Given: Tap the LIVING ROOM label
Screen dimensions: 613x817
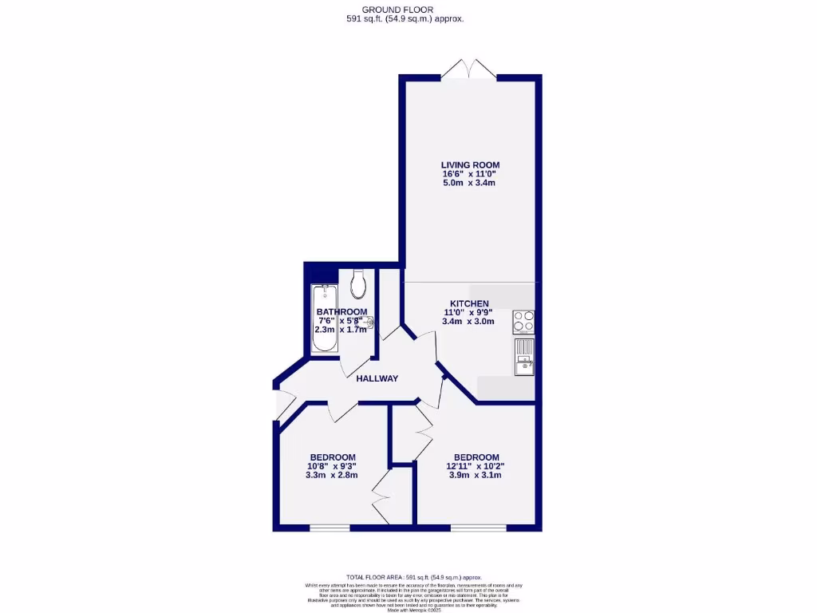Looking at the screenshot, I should (470, 165).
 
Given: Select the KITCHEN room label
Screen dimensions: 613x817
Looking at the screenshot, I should (469, 303).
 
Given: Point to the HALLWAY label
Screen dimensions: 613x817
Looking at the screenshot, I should (377, 378).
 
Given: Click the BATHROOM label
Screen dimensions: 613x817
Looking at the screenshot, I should (341, 311).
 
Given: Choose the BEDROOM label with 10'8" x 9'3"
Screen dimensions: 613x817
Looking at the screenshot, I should (331, 457).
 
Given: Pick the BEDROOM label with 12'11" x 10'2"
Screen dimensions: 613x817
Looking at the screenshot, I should (476, 457).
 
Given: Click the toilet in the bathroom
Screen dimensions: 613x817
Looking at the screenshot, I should (358, 282).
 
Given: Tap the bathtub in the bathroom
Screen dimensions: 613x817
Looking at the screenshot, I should (323, 319).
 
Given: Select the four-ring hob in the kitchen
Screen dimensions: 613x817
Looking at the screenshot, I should (523, 321).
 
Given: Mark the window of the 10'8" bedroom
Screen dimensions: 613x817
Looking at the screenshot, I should (330, 528).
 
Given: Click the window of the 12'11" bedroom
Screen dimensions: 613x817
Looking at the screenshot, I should (478, 528).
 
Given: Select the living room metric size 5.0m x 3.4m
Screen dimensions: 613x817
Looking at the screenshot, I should (470, 183).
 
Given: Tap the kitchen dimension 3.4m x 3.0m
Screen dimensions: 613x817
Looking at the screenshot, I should (468, 322).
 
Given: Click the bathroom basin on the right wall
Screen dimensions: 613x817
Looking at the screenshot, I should (369, 322).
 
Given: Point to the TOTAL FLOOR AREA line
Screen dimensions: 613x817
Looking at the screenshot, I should (413, 577).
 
